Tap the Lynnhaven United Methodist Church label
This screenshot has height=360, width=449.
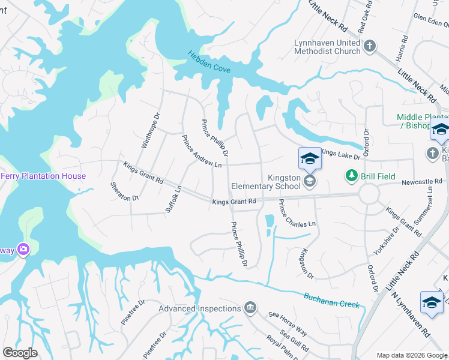pos(327,47)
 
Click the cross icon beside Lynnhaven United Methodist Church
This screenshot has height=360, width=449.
pos(370,46)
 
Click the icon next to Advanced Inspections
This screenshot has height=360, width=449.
pos(250,308)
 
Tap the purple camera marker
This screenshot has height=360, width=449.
pos(23,248)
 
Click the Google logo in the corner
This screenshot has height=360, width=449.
pos(20,353)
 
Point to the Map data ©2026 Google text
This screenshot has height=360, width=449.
pos(412,355)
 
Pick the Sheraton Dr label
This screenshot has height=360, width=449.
pos(125,190)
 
